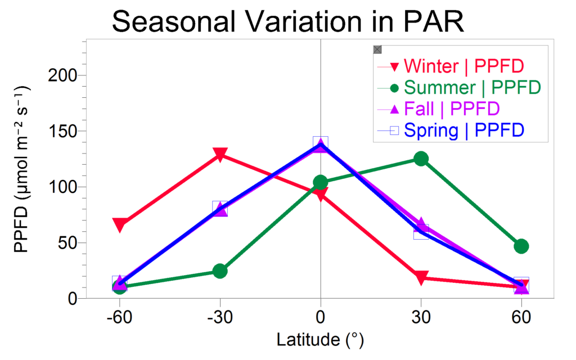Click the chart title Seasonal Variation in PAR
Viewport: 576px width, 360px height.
click(x=287, y=22)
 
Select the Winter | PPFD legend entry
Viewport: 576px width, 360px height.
click(x=451, y=66)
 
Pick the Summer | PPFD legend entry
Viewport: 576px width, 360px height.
click(x=459, y=88)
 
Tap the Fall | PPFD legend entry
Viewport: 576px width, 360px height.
click(x=438, y=109)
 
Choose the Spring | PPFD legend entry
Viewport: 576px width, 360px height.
click(x=451, y=130)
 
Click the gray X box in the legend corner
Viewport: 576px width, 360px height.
click(x=377, y=49)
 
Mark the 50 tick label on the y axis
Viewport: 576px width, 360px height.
click(x=67, y=243)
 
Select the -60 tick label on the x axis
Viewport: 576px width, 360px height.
click(x=119, y=317)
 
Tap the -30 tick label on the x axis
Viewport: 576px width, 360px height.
click(x=220, y=317)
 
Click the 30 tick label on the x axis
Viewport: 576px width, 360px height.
click(x=421, y=317)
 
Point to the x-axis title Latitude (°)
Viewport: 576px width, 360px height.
click(x=320, y=340)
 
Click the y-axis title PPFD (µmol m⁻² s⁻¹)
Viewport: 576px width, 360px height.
click(x=22, y=169)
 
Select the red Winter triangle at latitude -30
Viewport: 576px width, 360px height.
click(x=220, y=155)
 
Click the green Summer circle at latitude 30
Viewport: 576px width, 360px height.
click(x=421, y=159)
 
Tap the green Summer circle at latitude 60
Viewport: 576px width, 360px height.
click(x=521, y=246)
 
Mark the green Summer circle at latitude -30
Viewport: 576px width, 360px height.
click(x=220, y=271)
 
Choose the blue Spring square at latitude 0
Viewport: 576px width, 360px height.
click(x=321, y=143)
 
